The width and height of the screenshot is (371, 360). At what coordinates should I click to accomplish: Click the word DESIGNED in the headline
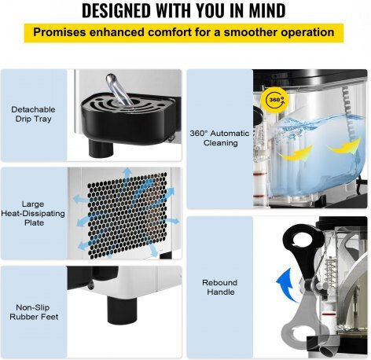pos(117,10)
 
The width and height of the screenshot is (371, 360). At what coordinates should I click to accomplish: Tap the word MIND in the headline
pos(267,10)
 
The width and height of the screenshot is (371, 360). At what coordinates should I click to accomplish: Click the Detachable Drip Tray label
pos(33,114)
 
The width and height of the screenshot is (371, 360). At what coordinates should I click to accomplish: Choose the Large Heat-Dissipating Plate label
pos(33,213)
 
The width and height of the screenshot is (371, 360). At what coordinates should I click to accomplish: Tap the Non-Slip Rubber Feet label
pos(34,312)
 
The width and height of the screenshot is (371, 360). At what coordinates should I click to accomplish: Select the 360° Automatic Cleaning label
pos(219,138)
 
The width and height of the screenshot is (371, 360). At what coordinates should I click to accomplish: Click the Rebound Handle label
pos(220,287)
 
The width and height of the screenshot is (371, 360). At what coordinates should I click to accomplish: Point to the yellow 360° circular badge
pos(275,100)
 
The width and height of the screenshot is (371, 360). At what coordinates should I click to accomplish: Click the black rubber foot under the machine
pos(123,310)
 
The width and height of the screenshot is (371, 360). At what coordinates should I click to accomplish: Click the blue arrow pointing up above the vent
pos(127,175)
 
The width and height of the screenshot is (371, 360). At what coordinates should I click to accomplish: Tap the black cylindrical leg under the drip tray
pos(101,148)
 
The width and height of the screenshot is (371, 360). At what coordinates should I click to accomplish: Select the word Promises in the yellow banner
pos(60,32)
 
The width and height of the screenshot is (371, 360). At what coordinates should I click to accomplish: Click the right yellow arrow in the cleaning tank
pos(345,146)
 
